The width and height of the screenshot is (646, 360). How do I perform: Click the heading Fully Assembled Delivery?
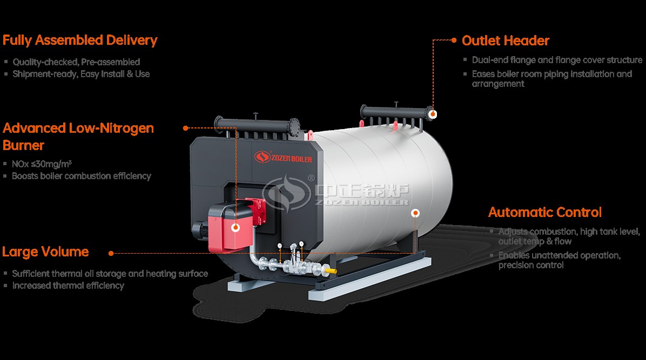tap(80, 40)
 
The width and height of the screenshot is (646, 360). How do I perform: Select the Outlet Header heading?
tap(506, 40)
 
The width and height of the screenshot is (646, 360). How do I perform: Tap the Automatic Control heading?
tap(544, 212)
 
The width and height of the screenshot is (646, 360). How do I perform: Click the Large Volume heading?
tap(45, 252)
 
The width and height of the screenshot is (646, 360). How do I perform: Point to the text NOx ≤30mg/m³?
tap(42, 164)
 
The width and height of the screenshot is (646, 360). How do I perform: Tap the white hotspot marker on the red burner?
tap(235, 227)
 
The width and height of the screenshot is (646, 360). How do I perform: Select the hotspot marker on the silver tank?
tap(415, 213)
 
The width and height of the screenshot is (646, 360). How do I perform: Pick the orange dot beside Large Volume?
tap(111, 253)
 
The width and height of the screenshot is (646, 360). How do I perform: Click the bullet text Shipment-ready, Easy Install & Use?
tap(81, 74)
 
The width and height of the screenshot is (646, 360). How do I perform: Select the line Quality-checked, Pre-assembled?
tap(76, 62)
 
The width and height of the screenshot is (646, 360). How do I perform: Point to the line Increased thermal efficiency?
tap(68, 286)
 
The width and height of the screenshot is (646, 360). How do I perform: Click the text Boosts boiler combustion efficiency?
tap(82, 176)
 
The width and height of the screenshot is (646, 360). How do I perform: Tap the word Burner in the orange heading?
tap(23, 145)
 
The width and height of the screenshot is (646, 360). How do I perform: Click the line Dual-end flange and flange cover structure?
tap(557, 60)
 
